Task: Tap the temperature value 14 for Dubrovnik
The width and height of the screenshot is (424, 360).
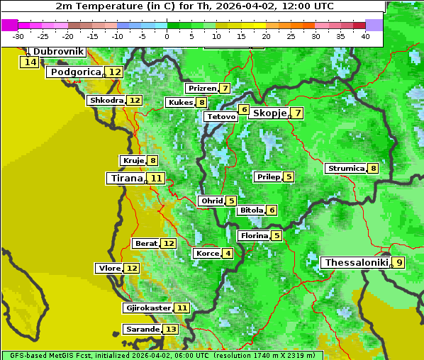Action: [x=30, y=62]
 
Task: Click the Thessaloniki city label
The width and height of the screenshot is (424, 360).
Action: [x=356, y=263]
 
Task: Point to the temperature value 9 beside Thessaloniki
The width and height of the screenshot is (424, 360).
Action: [x=399, y=263]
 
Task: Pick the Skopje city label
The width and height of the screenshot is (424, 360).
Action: [x=269, y=113]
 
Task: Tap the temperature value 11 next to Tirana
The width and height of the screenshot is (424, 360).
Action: [x=156, y=179]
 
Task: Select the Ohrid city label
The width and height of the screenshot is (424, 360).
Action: [x=211, y=201]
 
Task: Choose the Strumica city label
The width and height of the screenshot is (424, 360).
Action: [x=345, y=169]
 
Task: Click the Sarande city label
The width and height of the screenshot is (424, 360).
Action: [x=142, y=330]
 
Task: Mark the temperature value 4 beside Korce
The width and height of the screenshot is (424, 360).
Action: [x=228, y=254]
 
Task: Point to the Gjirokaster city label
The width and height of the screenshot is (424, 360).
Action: [x=147, y=308]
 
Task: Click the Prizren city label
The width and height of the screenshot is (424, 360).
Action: [x=201, y=89]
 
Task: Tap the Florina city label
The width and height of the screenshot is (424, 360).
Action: [x=254, y=235]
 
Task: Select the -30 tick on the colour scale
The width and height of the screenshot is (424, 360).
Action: [x=18, y=36]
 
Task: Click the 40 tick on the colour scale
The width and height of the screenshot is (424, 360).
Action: [x=365, y=36]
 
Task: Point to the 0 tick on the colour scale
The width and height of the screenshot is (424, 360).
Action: [x=167, y=36]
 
